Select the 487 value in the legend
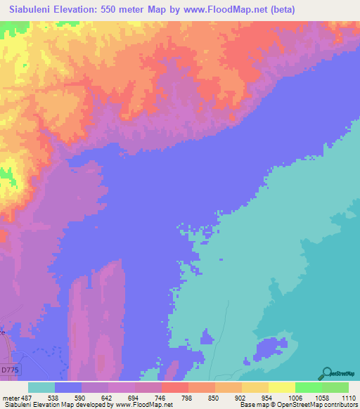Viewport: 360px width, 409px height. (27, 397)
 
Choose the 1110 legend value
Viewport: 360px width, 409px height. (348, 397)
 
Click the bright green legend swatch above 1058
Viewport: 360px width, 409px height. (308, 387)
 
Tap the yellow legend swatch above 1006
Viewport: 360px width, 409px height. (281, 387)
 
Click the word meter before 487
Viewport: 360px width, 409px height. (11, 397)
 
